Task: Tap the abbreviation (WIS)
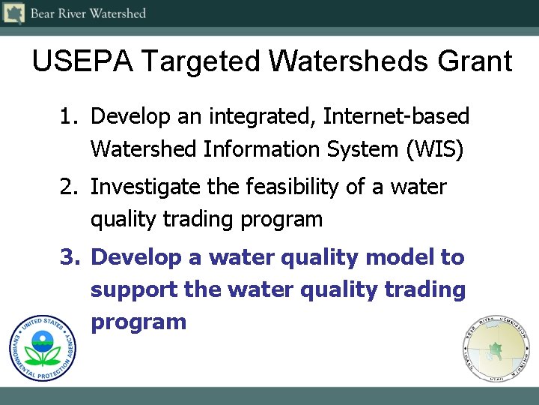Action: click(x=435, y=149)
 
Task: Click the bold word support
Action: click(x=134, y=290)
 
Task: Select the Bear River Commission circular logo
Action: click(x=495, y=349)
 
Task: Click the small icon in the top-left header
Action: click(x=14, y=13)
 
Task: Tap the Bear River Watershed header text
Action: click(x=88, y=13)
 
